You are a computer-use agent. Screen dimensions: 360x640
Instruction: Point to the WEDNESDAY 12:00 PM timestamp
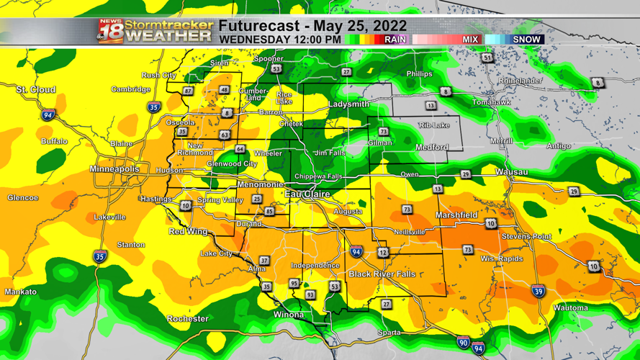(x=280, y=40)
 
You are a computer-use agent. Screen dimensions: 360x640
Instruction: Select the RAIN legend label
(x=395, y=40)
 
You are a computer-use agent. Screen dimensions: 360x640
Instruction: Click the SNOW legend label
(x=526, y=40)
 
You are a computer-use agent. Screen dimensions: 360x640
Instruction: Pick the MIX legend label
(x=470, y=40)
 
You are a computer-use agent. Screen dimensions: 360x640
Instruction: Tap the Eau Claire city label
(x=307, y=194)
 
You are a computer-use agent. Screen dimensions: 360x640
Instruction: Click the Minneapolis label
(x=114, y=169)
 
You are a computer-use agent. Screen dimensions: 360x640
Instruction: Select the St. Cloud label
(x=36, y=89)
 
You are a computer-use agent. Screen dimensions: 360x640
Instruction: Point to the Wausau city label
(x=511, y=172)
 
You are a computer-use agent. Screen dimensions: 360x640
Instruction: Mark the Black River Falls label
(x=382, y=274)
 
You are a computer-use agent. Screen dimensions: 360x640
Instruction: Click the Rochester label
(x=187, y=318)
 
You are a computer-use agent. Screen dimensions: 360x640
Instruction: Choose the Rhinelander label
(x=520, y=81)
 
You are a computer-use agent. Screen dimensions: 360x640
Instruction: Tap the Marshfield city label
(x=456, y=215)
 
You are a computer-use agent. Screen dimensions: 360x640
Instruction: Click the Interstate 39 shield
(x=538, y=291)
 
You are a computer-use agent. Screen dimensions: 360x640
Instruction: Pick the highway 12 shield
(x=382, y=253)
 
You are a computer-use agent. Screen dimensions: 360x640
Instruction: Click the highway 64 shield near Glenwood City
(x=240, y=150)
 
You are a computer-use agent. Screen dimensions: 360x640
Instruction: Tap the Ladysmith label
(x=348, y=104)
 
